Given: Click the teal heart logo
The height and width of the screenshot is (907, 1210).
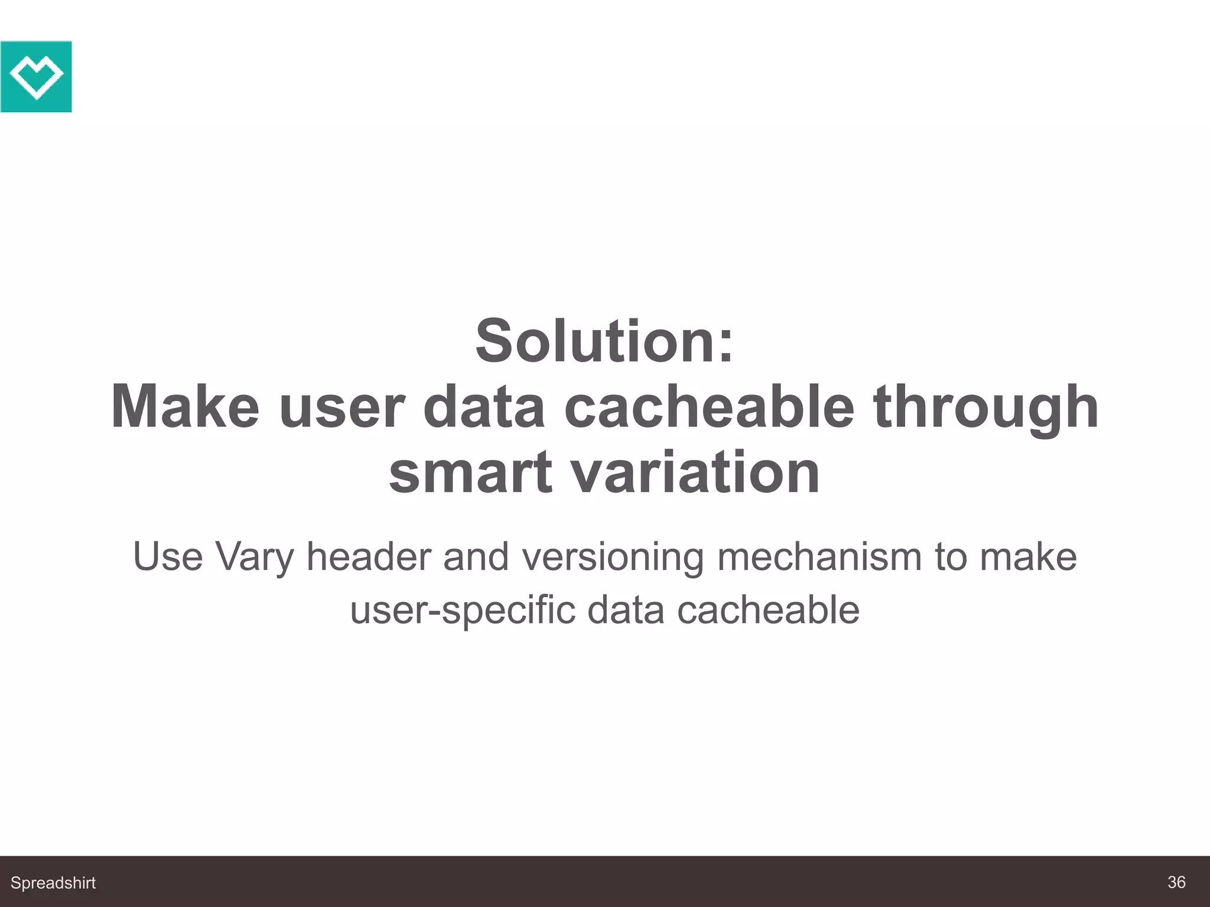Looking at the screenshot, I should [36, 76].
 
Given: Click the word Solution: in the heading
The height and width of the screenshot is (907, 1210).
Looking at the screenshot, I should [604, 341].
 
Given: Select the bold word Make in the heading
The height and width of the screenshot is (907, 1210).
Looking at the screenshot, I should [185, 407].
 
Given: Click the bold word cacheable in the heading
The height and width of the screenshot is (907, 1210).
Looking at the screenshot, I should [709, 407].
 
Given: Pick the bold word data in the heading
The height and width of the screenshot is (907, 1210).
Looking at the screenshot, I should [484, 407].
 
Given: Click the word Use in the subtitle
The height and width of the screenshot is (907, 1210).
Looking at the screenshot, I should [168, 556].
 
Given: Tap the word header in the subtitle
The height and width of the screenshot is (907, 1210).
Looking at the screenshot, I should [369, 556].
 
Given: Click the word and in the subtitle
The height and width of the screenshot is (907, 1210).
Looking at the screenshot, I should [476, 556].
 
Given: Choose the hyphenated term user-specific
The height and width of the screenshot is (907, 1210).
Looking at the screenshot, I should [463, 611].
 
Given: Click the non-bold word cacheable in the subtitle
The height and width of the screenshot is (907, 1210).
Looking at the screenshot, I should [768, 609].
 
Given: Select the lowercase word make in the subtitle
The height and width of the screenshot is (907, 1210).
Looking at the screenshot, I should [1028, 556].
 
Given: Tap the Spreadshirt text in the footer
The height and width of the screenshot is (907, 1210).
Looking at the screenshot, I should [53, 883].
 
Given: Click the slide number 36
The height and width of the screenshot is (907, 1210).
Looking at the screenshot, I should [1176, 882].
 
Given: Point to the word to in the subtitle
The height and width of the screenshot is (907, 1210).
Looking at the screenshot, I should [951, 556].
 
